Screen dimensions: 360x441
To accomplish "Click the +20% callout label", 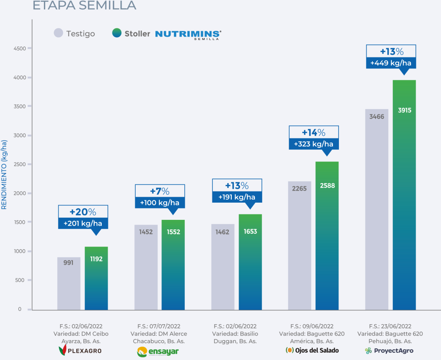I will pos(83,212).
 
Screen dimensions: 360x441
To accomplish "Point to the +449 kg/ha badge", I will pos(391,63).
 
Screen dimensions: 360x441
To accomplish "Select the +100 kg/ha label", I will pos(160,202).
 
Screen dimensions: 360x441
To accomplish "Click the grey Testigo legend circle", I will pos(59,33).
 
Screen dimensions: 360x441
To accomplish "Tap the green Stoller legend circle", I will pos(117,33).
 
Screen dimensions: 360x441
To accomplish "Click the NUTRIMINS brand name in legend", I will pos(188,34).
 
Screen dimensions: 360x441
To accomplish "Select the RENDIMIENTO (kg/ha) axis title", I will pos(4,175).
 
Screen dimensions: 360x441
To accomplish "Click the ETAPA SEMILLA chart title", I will pos(84,6).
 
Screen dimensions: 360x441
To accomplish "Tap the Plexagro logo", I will pos(80,351).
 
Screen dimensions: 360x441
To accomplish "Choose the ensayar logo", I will pos(158,351).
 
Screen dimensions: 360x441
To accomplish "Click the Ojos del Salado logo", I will pos(312,350).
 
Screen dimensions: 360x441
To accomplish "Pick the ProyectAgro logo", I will pos(389,351).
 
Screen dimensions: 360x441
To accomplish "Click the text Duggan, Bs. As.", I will pos(235,341).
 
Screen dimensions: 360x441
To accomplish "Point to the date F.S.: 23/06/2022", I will pos(390,326).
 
